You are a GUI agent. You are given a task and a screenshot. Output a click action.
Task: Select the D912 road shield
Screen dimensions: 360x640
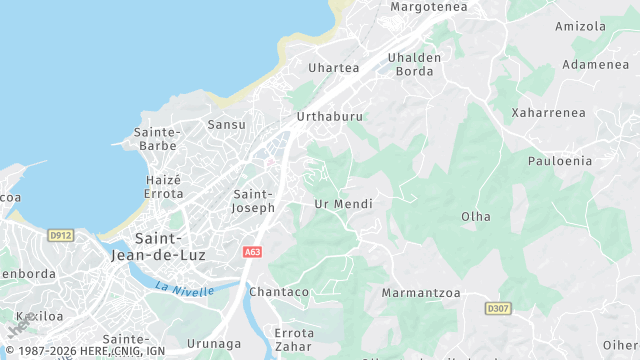click(x=60, y=235)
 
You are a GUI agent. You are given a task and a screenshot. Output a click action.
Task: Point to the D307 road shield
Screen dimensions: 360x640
click(x=498, y=308)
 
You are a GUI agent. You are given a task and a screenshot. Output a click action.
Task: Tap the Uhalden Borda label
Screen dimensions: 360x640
click(x=415, y=64)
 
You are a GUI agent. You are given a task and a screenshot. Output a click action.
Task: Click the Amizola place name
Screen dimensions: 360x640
click(x=581, y=26)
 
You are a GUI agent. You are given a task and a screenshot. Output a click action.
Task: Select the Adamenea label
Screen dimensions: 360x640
click(x=595, y=65)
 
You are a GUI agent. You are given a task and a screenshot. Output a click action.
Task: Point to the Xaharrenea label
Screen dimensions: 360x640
click(x=548, y=112)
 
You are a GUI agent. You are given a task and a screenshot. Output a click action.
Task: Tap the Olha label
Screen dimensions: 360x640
click(x=476, y=216)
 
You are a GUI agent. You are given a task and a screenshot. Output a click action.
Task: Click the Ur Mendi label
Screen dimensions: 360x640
click(x=343, y=204)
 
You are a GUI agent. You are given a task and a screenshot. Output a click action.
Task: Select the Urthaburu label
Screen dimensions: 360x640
click(x=330, y=117)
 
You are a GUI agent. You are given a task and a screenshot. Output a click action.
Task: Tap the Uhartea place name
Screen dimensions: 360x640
click(x=334, y=68)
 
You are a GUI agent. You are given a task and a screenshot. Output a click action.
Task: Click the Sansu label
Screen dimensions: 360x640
click(x=226, y=125)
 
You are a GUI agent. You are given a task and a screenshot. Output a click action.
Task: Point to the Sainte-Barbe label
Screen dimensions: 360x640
click(x=156, y=139)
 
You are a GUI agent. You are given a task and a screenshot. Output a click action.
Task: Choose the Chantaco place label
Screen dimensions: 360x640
click(x=279, y=292)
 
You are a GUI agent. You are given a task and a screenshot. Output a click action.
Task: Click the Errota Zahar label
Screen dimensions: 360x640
click(x=295, y=339)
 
